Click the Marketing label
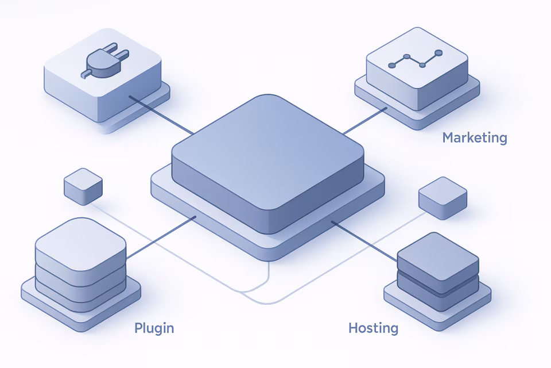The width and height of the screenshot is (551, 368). coord(475,138)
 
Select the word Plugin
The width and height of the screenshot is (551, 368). coord(154,328)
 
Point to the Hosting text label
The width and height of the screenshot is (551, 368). coord(373,328)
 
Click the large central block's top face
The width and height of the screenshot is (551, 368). coord(267,149)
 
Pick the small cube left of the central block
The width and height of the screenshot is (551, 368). coord(83,185)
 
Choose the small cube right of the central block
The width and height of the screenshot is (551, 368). coord(443,197)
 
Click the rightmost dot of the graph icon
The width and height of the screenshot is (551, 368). coord(439,53)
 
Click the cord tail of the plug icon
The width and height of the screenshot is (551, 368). coord(85,74)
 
